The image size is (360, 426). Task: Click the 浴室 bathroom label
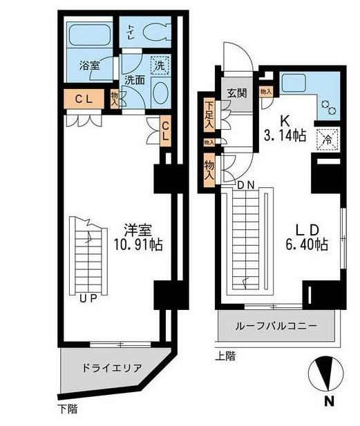coord(89,66)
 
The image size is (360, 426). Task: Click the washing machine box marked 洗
coord(159,66)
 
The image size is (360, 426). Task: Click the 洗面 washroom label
coord(134,79)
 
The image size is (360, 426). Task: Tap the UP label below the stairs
coord(87,299)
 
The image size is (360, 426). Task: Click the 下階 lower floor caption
coord(67,409)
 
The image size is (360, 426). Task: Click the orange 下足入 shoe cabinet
coord(209,115)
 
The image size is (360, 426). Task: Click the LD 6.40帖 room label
coord(304,237)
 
